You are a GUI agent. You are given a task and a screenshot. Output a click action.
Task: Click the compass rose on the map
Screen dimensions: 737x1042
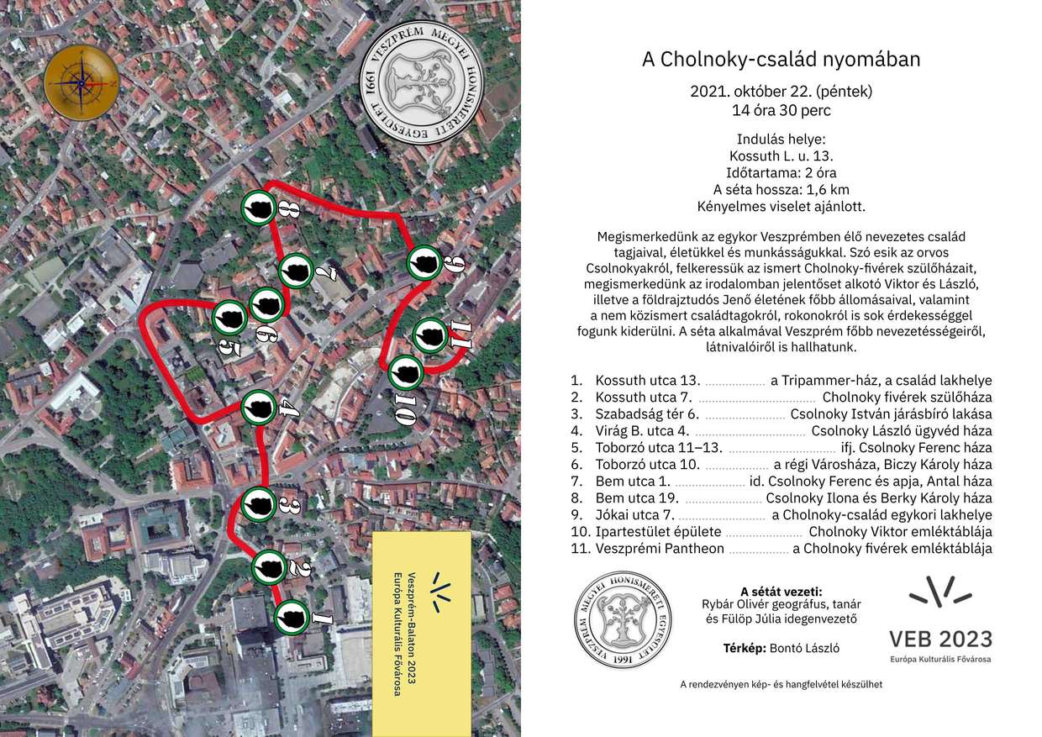[x=81, y=82]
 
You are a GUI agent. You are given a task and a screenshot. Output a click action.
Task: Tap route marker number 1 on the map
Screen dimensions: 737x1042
[x=290, y=619]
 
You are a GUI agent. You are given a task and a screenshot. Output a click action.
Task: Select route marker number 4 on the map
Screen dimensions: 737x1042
[x=257, y=408]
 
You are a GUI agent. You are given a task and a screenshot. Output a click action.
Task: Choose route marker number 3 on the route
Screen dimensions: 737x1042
[x=259, y=504]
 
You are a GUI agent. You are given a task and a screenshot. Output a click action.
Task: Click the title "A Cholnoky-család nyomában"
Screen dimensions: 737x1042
[x=781, y=60]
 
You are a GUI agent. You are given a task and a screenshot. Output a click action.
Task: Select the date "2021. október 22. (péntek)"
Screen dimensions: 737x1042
[x=781, y=91]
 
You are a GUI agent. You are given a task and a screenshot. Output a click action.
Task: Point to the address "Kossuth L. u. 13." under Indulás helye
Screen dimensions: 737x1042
[x=781, y=155]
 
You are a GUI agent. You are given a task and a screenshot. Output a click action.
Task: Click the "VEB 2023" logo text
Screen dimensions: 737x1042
[x=940, y=639]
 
